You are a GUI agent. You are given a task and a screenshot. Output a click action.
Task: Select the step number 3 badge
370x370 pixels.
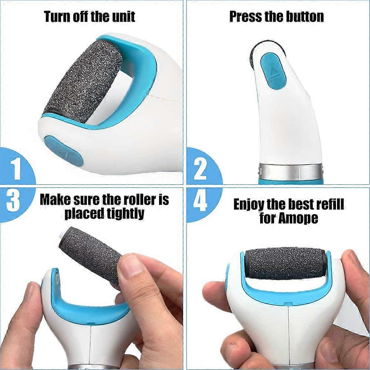pyautogui.click(x=15, y=202)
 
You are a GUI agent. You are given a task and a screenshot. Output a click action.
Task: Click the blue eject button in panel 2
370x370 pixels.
pyautogui.click(x=273, y=71)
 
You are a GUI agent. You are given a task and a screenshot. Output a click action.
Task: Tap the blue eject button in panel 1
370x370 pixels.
pyautogui.click(x=64, y=150)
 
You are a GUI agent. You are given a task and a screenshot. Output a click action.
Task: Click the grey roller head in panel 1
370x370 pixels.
pyautogui.click(x=83, y=81)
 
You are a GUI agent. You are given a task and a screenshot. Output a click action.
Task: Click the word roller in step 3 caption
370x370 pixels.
pyautogui.click(x=138, y=200)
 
